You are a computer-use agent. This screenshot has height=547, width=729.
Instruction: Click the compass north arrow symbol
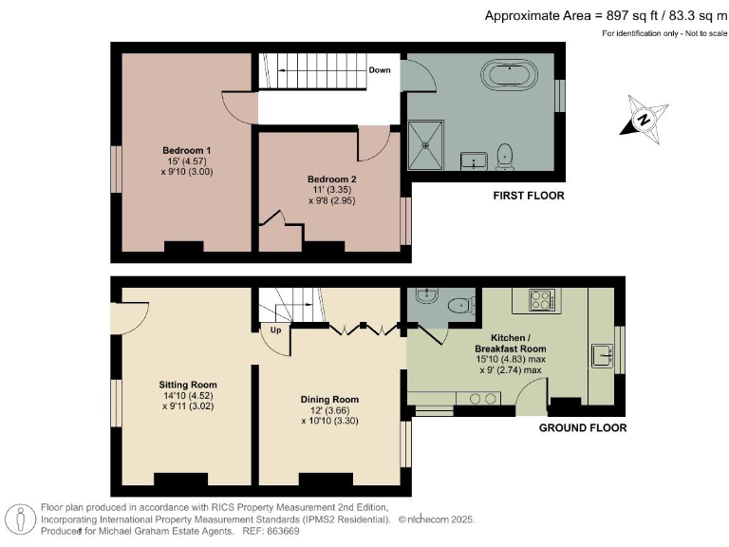pos(643,121)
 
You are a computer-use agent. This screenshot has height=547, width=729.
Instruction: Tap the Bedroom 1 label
pos(186,151)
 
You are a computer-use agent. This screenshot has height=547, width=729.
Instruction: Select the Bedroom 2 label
pos(331,179)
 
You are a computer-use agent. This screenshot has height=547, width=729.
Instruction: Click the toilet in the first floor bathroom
pos(506,154)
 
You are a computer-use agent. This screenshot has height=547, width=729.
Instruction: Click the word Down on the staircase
pos(380,70)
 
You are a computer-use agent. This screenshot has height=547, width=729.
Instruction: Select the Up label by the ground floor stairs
pos(276,330)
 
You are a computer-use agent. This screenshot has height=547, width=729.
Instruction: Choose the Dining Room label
pos(329,399)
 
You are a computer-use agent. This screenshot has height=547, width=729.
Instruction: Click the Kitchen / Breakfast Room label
pos(518,343)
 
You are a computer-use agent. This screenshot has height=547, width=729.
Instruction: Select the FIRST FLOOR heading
pos(528,197)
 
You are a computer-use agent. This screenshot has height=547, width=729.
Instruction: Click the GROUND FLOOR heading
pos(583,428)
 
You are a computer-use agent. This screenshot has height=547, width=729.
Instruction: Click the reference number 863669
pos(256,533)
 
